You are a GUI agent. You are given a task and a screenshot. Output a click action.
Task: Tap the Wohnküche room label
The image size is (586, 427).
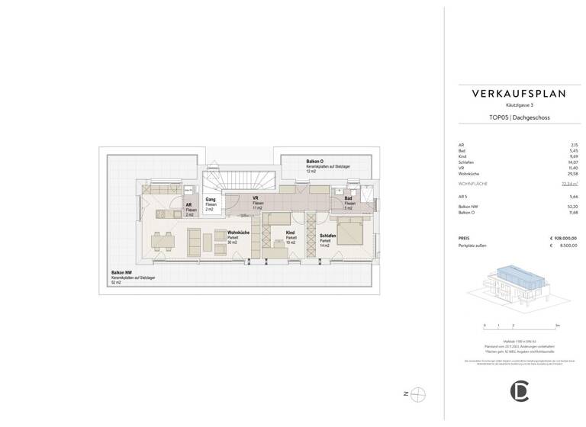[238, 233]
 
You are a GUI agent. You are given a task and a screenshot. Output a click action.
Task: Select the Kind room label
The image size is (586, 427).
[290, 233]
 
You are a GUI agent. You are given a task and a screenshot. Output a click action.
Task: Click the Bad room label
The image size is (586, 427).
[348, 199]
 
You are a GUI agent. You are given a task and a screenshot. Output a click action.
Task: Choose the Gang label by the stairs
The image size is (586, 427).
[210, 199]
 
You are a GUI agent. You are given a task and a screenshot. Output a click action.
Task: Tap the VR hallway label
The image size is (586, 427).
[257, 199]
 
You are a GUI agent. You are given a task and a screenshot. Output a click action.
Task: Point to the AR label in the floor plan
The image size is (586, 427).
[188, 204]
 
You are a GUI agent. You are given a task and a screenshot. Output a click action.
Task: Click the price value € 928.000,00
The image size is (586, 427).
[563, 239]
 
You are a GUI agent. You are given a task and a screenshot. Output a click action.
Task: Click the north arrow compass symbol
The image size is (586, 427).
[418, 394]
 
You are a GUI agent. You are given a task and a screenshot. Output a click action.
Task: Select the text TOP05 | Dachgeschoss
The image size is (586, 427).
[518, 118]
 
